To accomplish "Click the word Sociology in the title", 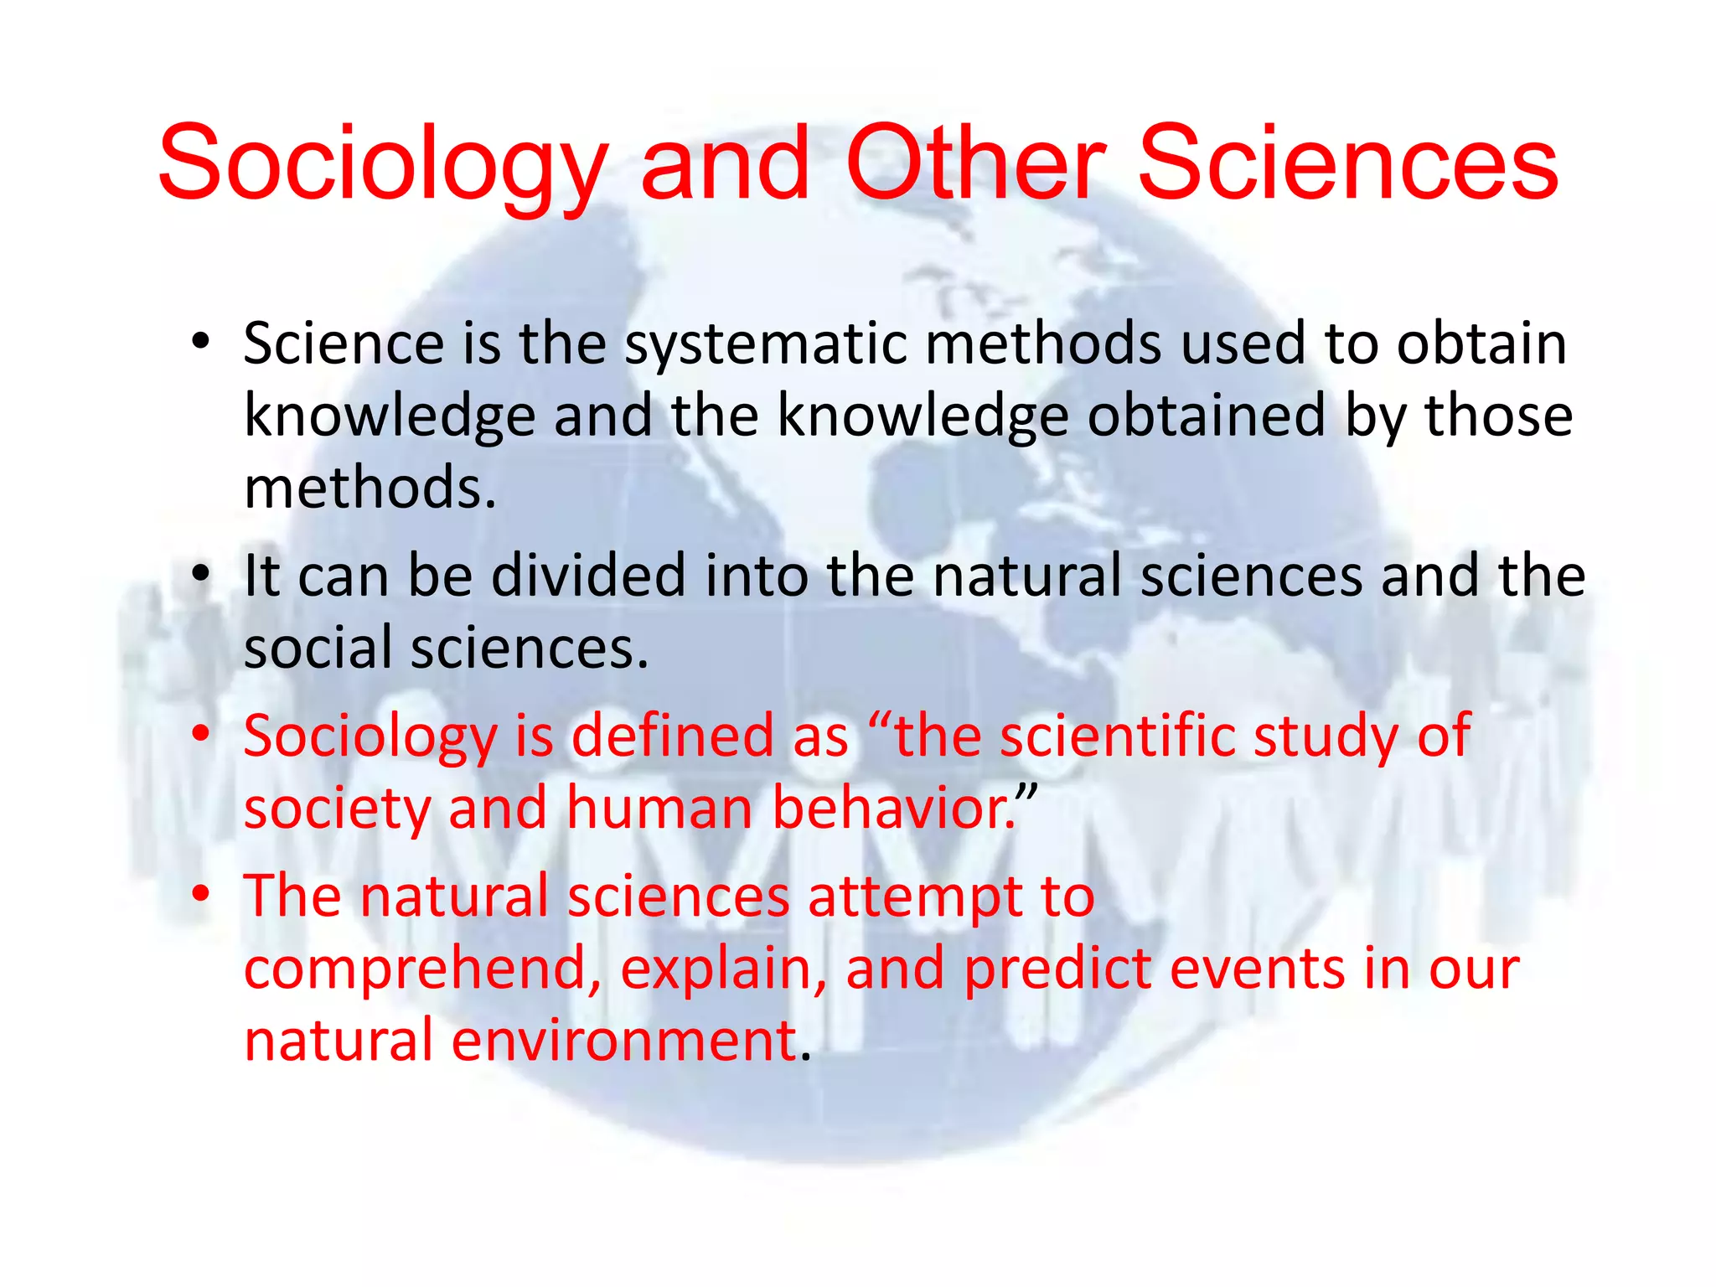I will coord(382,166).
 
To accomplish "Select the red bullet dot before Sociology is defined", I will coord(199,734).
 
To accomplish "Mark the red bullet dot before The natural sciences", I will coord(199,895).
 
